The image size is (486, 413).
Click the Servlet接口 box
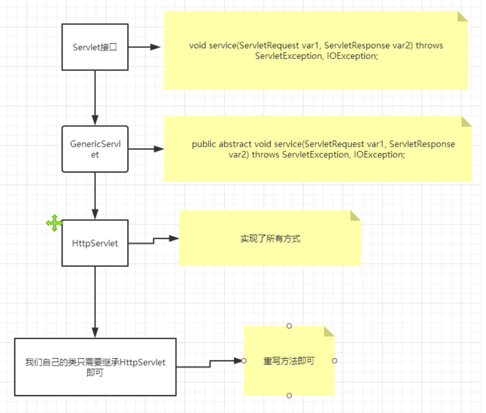[95, 47]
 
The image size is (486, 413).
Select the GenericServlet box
[95, 149]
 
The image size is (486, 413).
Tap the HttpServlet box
[95, 243]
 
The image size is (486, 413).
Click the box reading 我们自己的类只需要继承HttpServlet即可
[95, 367]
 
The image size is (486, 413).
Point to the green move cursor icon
[54, 223]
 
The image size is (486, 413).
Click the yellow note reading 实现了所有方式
[270, 238]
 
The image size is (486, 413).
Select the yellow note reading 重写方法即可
[289, 361]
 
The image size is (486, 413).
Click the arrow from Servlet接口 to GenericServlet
[95, 97]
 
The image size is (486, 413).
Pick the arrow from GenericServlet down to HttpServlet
[95, 195]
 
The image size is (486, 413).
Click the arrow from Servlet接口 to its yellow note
[144, 47]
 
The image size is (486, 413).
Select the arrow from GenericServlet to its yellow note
[145, 149]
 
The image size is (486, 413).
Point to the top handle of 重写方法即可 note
[289, 326]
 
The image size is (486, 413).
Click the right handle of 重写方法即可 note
[334, 361]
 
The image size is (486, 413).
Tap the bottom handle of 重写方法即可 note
[289, 395]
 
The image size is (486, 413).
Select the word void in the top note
[198, 46]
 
